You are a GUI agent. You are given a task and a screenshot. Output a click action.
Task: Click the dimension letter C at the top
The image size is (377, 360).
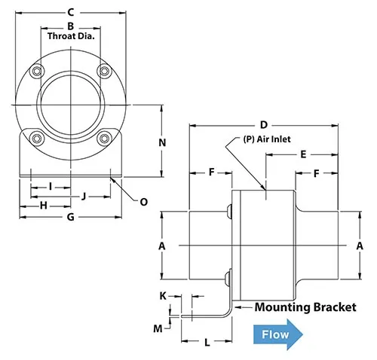[69, 11]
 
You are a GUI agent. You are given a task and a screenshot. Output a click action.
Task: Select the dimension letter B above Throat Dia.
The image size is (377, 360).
[69, 26]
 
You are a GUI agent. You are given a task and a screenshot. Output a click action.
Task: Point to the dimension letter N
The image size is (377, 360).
[161, 142]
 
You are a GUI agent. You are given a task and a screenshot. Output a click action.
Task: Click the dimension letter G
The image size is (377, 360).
[69, 217]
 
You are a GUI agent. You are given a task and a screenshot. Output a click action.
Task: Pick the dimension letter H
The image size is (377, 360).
[44, 206]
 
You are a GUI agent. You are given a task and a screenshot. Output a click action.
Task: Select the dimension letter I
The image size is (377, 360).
[50, 185]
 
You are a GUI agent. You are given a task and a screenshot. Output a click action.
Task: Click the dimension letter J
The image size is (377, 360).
[84, 196]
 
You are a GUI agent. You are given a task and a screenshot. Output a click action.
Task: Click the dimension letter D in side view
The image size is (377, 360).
[263, 124]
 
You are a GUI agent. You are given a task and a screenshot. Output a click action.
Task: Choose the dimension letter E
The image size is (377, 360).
[302, 154]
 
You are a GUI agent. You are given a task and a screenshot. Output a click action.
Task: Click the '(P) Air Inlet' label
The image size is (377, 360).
[267, 139]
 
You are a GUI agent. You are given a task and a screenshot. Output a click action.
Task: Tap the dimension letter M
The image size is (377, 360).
[158, 328]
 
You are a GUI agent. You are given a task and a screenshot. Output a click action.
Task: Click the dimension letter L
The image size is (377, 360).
[206, 343]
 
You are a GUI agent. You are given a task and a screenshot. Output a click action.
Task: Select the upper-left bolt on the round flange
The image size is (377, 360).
[36, 72]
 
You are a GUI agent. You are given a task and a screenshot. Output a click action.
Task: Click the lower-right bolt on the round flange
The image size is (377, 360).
[103, 137]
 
